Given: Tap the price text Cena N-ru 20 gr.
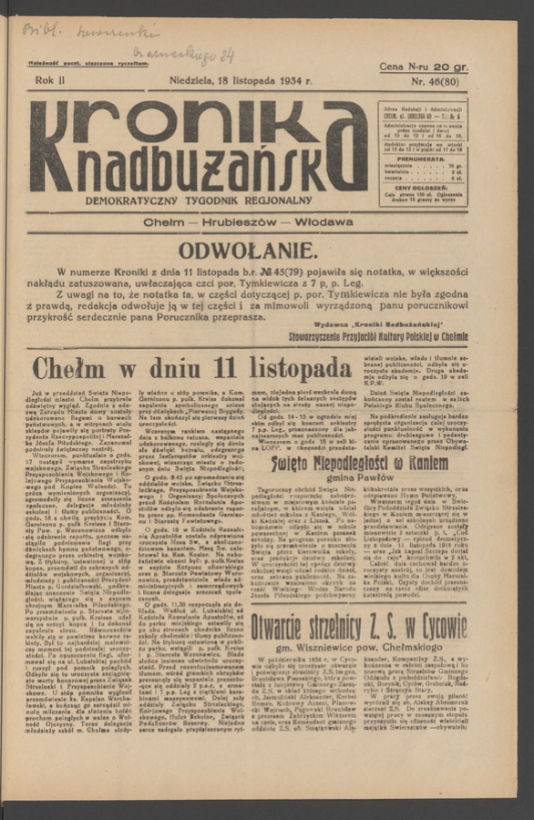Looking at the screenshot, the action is tap(423, 67).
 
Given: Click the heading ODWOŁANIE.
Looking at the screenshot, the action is tap(248, 251).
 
